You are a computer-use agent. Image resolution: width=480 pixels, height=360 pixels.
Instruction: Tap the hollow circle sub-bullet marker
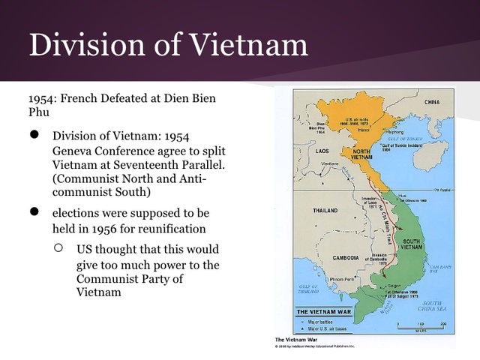(59, 247)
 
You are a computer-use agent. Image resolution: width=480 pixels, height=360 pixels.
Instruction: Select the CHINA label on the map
(432, 102)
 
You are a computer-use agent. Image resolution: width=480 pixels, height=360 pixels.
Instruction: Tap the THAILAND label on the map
(328, 211)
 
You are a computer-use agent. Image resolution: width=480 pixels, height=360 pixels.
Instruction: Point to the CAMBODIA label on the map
(351, 258)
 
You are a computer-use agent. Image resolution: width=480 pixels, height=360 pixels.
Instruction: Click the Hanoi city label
(364, 130)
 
